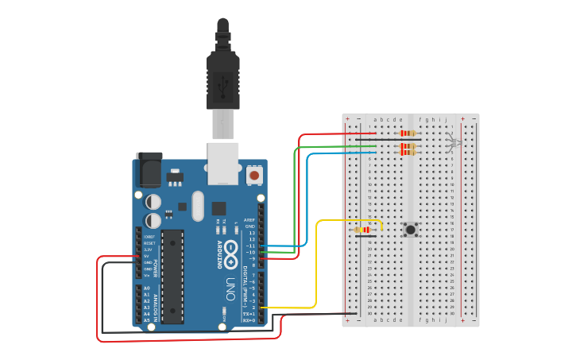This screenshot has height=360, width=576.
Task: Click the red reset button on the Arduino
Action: (x=254, y=174)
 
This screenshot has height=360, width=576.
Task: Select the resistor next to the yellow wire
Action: (x=365, y=230)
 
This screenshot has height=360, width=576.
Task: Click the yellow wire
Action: (x=318, y=262)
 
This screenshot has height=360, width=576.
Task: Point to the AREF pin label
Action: (x=249, y=219)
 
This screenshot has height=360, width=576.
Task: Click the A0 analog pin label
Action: (x=146, y=288)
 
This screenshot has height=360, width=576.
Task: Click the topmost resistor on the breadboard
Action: (x=408, y=133)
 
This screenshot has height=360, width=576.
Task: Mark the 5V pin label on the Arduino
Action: (x=146, y=256)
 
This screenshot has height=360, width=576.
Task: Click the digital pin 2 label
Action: (x=253, y=308)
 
